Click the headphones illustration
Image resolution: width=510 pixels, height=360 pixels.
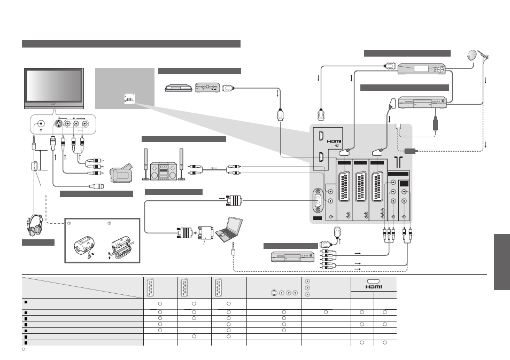[35, 225]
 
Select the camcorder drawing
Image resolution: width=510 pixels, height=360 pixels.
[121, 173]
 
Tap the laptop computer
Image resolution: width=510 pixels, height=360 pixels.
[229, 229]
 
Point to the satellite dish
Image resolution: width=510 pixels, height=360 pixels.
[472, 56]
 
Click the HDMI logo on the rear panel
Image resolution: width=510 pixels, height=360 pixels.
[334, 142]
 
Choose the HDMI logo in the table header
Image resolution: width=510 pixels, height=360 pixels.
[373, 287]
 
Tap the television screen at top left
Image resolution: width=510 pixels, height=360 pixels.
[54, 86]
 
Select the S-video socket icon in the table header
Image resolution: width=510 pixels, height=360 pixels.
[274, 293]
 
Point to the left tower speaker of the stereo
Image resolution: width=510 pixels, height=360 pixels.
[146, 165]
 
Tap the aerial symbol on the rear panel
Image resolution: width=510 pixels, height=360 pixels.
[398, 162]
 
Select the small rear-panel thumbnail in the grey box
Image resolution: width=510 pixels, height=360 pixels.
[129, 99]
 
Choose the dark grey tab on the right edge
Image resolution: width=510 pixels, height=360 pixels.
[502, 262]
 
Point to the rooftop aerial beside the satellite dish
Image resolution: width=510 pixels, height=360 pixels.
[485, 58]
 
